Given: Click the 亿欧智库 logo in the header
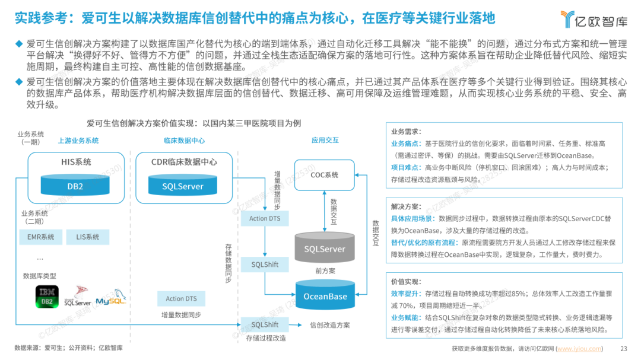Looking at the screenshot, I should (594, 19).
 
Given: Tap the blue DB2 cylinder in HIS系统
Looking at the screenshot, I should (76, 186).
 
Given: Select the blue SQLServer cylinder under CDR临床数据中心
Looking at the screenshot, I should (183, 186).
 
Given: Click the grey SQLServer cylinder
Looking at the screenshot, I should (325, 249).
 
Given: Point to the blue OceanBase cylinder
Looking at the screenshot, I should (325, 296).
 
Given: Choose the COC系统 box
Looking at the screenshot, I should (325, 175).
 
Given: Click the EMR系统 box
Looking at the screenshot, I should (41, 237).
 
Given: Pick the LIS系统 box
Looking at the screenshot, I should (87, 237).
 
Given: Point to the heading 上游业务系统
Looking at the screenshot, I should (78, 141).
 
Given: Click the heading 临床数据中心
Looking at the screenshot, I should (184, 141).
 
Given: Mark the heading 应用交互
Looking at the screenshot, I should (325, 141).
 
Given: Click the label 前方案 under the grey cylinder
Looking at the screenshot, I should (325, 270).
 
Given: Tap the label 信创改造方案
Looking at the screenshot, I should (330, 325).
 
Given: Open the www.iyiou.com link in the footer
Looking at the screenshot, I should (579, 349).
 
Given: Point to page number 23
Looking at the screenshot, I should (624, 349).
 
